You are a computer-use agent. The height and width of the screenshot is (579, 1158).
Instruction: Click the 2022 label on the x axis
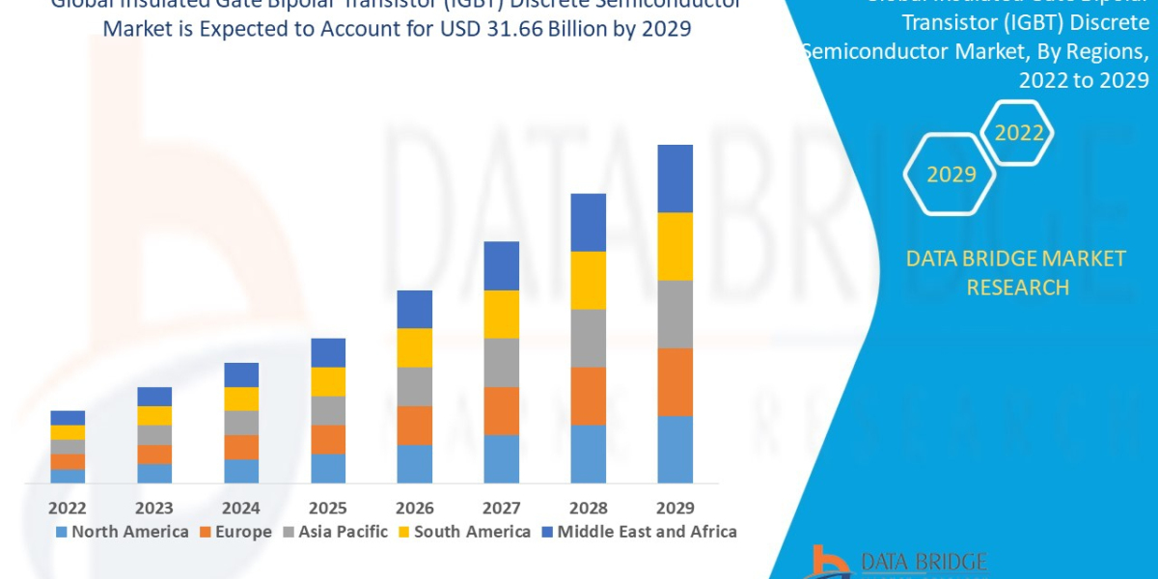68,508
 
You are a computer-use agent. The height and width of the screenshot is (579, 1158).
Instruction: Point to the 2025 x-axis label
328,508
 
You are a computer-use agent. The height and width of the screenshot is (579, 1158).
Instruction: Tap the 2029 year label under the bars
675,508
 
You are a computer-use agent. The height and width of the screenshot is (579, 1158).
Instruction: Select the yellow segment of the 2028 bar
589,280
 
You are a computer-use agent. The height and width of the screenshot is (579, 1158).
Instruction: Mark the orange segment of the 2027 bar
502,411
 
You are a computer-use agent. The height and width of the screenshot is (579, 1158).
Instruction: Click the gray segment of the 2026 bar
415,386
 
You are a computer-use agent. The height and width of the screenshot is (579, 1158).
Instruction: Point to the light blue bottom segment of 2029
675,449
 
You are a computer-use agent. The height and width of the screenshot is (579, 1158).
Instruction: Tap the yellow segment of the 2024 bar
241,399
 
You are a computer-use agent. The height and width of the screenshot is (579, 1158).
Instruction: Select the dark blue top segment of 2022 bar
68,418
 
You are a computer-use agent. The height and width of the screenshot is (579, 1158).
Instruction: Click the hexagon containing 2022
1019,134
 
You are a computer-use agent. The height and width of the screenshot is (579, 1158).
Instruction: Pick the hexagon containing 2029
951,175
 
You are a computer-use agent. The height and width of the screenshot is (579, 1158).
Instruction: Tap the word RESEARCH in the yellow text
1017,287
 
